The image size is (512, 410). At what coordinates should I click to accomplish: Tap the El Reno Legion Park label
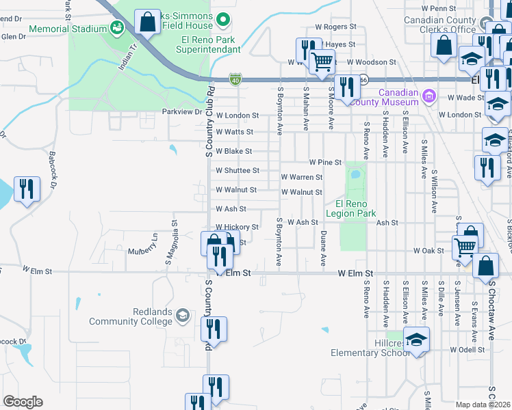coord(351,208)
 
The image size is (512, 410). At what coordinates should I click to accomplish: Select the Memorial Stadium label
coord(68,30)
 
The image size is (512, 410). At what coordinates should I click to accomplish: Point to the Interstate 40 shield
coord(235,79)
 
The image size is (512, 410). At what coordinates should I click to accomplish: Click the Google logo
coord(23,402)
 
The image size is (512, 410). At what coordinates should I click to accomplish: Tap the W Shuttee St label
coord(238,170)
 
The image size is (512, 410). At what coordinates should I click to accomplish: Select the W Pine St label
coord(324,162)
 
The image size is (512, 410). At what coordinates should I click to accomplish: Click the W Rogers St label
coord(335,27)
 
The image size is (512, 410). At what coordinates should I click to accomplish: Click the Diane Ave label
coord(323,248)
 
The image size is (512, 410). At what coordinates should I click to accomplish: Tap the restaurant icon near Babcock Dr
coord(27,189)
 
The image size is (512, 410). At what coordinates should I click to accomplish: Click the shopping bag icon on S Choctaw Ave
coord(485,266)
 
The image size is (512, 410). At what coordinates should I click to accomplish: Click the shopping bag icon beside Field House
coord(147,22)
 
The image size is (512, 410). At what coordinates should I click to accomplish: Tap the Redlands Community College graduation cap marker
coord(182,315)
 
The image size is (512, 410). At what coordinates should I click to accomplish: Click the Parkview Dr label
coord(182,111)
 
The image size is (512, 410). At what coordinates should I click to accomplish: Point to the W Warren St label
coord(301,177)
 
